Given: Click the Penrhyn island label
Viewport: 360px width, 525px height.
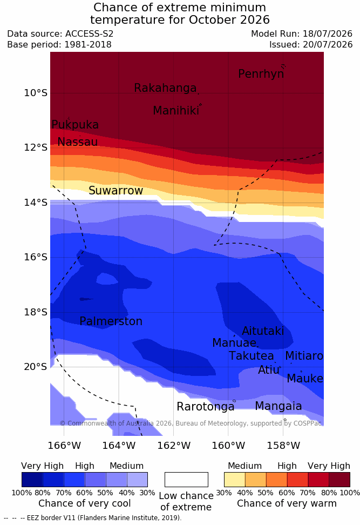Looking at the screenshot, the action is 261,74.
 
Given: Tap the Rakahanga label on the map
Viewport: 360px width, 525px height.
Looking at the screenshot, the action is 165,87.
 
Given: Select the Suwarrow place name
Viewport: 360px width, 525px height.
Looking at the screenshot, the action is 116,191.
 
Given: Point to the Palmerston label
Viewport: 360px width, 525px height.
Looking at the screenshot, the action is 111,321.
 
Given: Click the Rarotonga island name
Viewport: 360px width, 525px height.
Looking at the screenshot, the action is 206,407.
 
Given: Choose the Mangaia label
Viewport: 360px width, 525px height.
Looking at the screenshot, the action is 279,406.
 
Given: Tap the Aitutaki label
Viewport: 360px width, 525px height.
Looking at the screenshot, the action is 263,331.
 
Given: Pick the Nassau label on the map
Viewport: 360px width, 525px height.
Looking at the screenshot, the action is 78,142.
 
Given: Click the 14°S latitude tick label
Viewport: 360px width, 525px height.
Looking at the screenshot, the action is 36,203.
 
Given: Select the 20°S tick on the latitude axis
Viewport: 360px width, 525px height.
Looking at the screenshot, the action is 36,367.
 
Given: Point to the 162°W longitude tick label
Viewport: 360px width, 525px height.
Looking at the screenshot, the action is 174,446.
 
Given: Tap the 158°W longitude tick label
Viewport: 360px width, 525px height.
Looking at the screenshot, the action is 283,446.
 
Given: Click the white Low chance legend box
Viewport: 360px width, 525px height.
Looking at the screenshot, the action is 186,480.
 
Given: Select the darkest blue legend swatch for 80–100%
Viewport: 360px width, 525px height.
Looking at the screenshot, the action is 32,480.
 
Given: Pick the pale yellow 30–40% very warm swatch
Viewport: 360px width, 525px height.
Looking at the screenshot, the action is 235,480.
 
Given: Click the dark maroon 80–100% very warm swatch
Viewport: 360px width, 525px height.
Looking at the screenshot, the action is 339,480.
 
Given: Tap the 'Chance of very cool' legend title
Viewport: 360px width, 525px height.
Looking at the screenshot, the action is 84,503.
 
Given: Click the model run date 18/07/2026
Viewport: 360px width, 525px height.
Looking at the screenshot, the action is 328,34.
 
